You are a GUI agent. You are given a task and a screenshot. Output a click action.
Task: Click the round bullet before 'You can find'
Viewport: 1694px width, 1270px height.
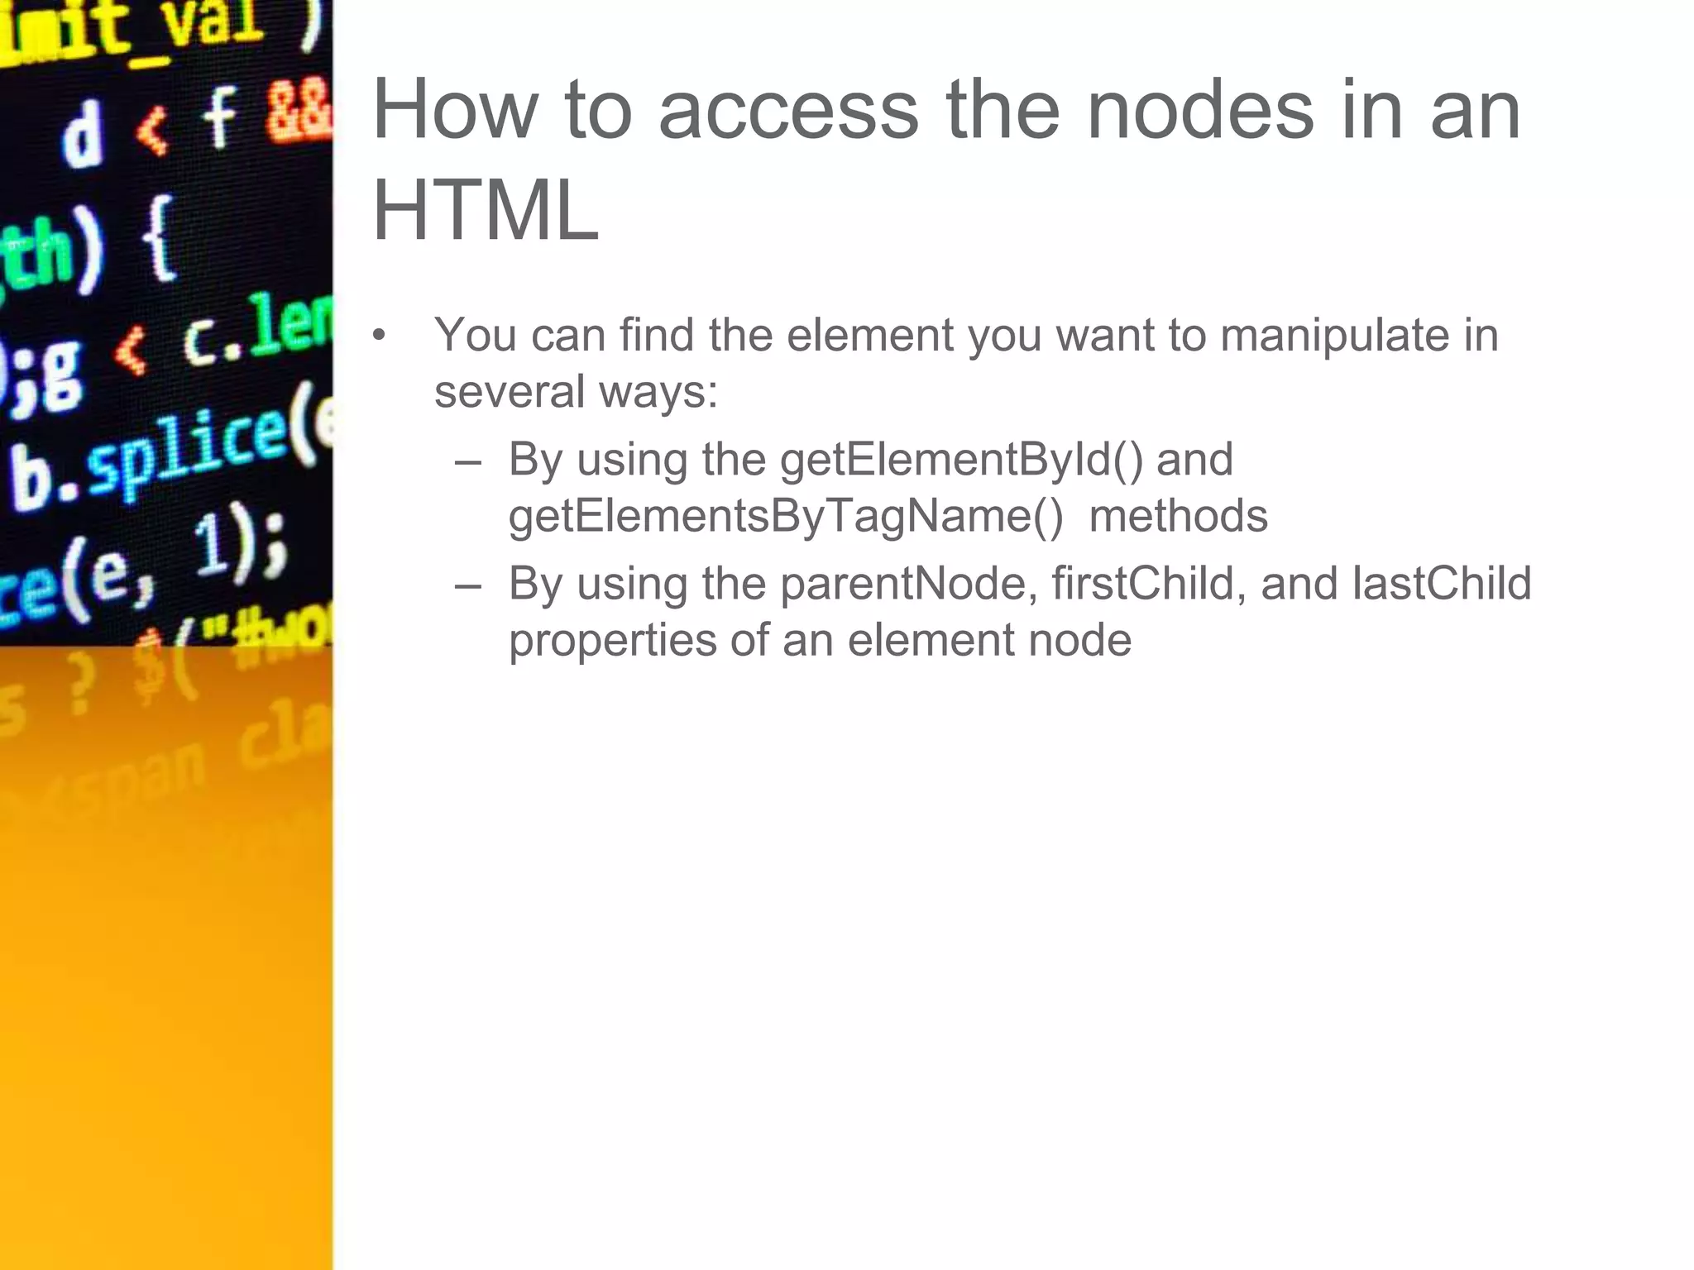pyautogui.click(x=379, y=336)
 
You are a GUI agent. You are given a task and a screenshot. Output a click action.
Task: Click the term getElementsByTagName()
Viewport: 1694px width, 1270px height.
pyautogui.click(x=786, y=516)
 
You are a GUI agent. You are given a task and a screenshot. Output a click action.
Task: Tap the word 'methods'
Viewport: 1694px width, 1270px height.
pyautogui.click(x=1178, y=516)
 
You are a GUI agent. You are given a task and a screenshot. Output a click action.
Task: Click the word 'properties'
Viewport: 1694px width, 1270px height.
pyautogui.click(x=612, y=640)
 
